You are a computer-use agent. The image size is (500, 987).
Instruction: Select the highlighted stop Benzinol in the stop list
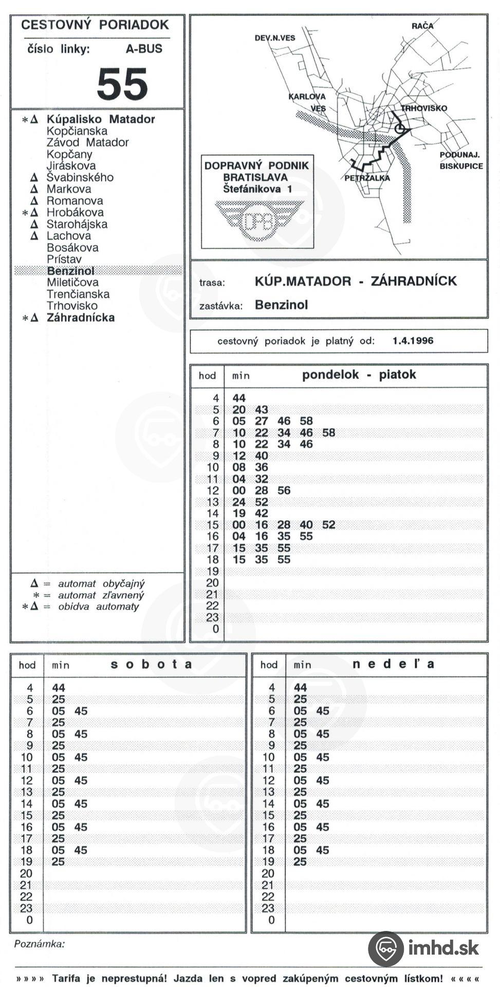(x=70, y=271)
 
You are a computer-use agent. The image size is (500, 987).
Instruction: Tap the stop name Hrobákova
(x=75, y=212)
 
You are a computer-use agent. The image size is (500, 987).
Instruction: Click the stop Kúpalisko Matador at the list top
(x=101, y=119)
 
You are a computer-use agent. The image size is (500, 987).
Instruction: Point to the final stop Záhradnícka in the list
(x=81, y=318)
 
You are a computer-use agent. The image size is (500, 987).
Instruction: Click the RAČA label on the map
(x=422, y=26)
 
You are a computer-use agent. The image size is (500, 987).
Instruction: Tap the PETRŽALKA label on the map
(x=367, y=178)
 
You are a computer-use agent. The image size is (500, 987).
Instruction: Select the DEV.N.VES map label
(x=275, y=38)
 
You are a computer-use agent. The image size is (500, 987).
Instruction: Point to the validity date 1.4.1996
(x=413, y=341)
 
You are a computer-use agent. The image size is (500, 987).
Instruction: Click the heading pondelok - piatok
(x=359, y=375)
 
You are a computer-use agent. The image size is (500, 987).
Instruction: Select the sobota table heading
(x=152, y=664)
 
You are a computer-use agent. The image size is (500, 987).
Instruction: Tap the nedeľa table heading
(x=393, y=664)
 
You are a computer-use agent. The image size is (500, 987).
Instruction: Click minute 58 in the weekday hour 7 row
(x=328, y=433)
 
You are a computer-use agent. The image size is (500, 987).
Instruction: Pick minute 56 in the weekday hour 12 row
(x=284, y=490)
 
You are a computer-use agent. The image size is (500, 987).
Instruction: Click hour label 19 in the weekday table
(x=212, y=571)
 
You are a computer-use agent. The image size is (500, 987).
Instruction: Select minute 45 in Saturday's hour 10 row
(x=81, y=757)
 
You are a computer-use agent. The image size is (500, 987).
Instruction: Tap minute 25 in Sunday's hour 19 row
(x=300, y=862)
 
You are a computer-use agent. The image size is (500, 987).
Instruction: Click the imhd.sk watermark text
(x=443, y=947)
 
